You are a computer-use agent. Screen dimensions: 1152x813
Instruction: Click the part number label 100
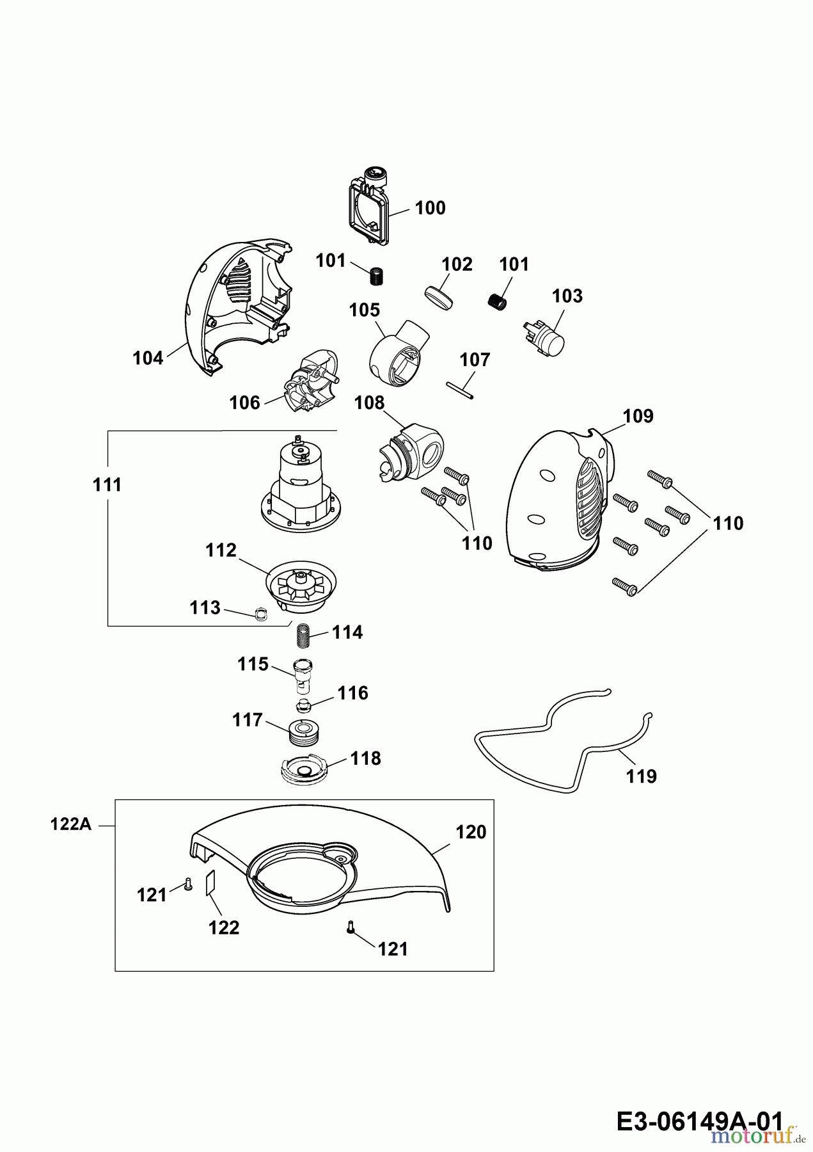430,208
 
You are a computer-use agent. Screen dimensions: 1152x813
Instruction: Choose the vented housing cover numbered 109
560,499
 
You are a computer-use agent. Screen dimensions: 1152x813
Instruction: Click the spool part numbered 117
306,732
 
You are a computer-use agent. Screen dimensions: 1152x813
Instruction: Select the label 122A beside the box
71,825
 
